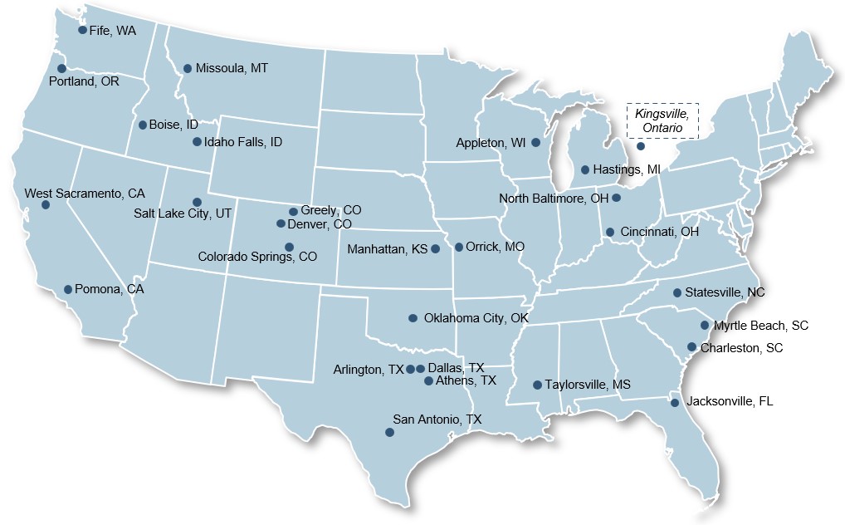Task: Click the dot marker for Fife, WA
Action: pos(82,30)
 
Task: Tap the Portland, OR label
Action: pos(84,81)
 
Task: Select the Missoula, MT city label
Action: pos(232,68)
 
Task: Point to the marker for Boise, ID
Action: pos(143,125)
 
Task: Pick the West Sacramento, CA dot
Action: pos(46,204)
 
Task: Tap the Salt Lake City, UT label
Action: pos(183,213)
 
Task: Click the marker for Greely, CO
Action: pos(293,212)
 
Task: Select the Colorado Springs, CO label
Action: pos(257,257)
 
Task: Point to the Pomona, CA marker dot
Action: pos(68,290)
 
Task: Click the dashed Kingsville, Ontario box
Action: pos(662,120)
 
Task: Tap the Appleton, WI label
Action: pos(491,143)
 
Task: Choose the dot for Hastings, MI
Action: pos(585,169)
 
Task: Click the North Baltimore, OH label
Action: pos(553,199)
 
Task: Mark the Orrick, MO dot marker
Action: pos(459,247)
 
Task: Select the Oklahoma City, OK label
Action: pos(476,318)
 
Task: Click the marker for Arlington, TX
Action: pos(410,369)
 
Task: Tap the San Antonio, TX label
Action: pos(437,420)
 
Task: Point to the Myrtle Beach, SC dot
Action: pos(705,326)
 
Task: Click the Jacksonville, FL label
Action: pos(730,401)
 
